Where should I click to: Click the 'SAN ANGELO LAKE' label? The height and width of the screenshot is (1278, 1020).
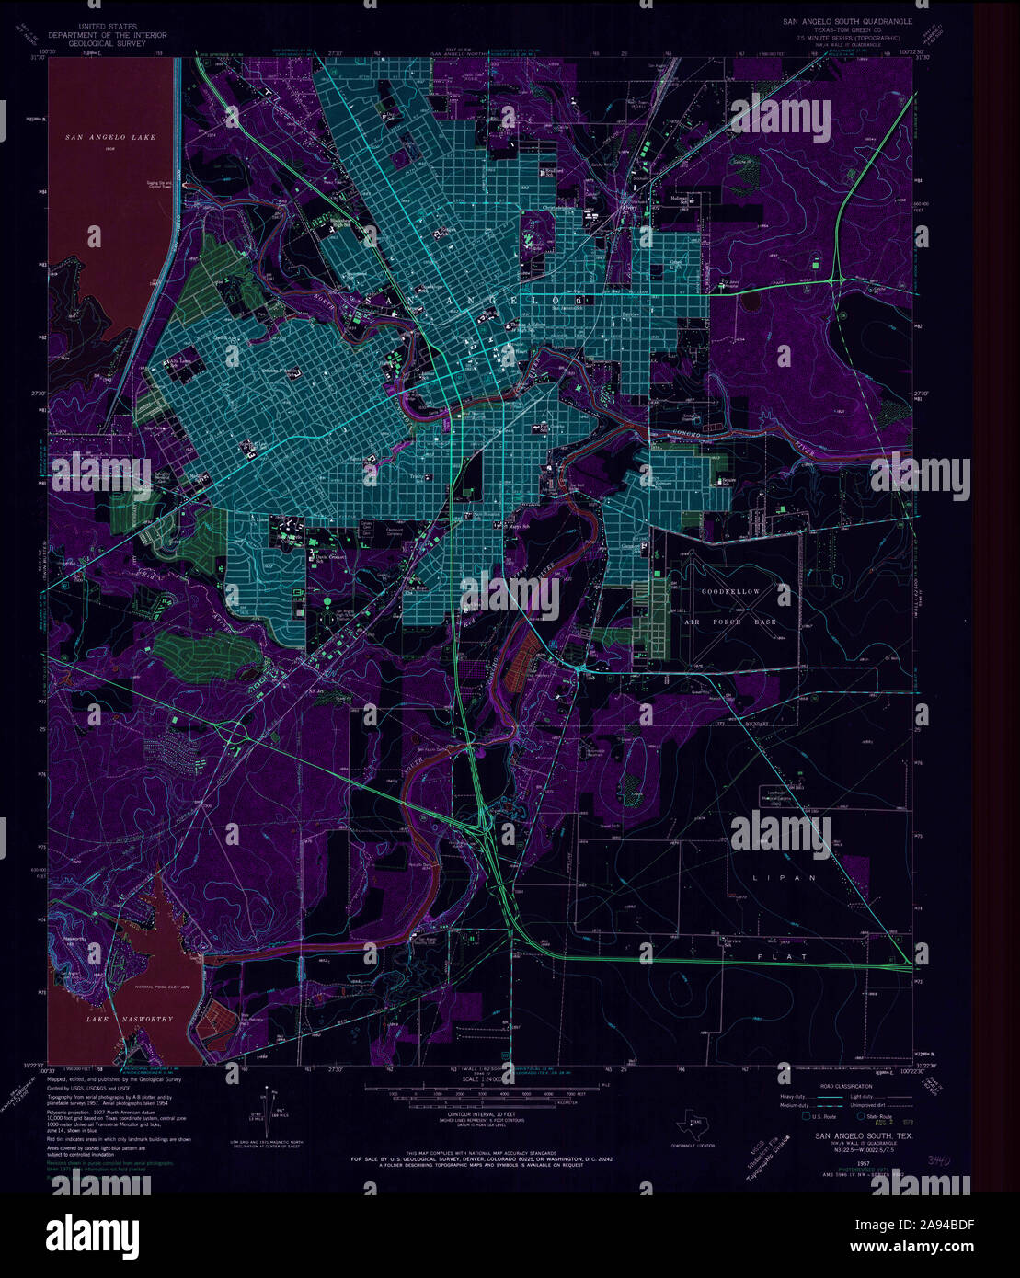[x=104, y=137]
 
